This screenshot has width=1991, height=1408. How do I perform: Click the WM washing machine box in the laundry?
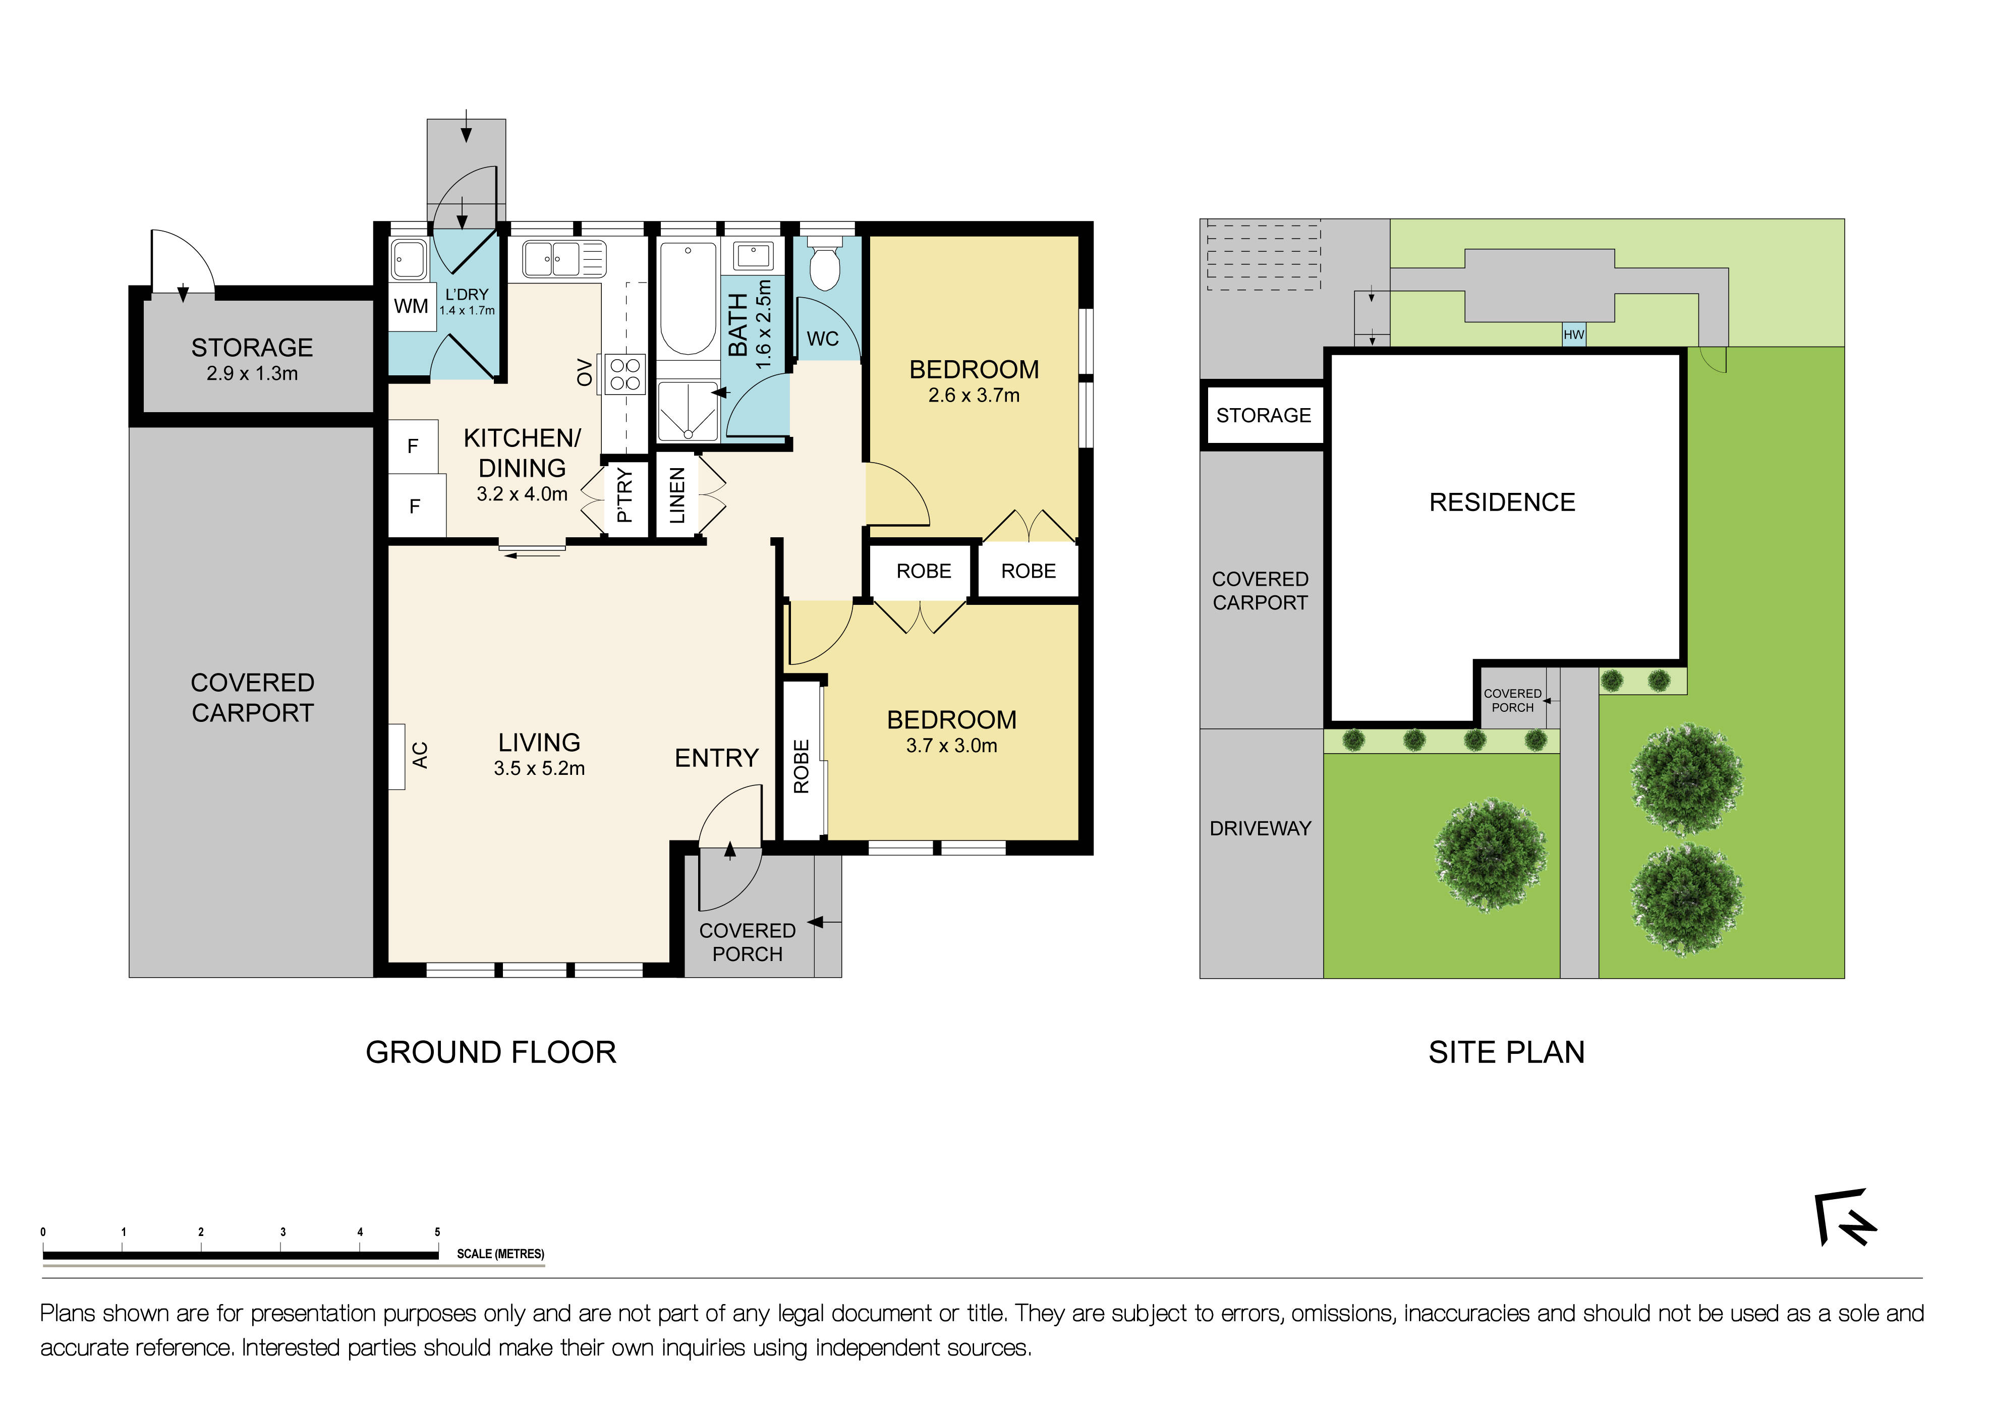pyautogui.click(x=411, y=306)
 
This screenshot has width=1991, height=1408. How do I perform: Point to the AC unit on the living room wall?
pyautogui.click(x=396, y=756)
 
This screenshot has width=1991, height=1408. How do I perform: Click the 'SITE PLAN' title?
pyautogui.click(x=1506, y=1052)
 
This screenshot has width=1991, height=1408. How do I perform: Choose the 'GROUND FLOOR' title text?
pyautogui.click(x=491, y=1052)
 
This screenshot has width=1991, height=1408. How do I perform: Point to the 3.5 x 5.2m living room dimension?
pyautogui.click(x=539, y=768)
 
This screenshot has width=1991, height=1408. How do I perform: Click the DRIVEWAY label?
pyautogui.click(x=1260, y=829)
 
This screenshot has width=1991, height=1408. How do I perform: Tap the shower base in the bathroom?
pyautogui.click(x=688, y=412)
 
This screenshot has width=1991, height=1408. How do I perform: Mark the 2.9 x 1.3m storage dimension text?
pyautogui.click(x=252, y=374)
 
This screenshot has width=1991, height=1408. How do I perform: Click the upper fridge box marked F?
pyautogui.click(x=413, y=446)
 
